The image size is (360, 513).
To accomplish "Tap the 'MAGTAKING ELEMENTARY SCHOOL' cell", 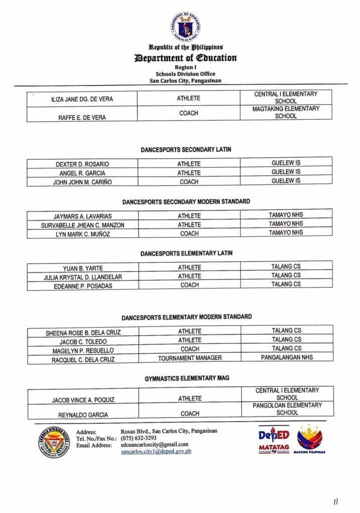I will click(286, 112).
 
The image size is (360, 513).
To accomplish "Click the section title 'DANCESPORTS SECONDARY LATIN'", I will click(186, 150).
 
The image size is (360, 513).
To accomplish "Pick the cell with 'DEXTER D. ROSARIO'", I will click(82, 164).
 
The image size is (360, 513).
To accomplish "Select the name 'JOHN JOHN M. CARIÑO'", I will click(83, 182).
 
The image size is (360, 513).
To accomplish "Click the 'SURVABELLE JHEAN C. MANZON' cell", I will click(83, 225).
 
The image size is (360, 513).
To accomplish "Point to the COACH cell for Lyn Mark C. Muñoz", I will click(189, 233).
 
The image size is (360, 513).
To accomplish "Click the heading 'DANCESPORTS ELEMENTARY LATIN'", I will click(186, 253).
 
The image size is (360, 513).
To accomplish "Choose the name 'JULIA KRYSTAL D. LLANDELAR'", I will click(83, 277).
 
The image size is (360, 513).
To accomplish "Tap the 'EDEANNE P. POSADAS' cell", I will click(83, 286).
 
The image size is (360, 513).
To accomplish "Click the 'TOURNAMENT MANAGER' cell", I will click(190, 358).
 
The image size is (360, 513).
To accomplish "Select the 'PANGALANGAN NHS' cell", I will click(286, 358).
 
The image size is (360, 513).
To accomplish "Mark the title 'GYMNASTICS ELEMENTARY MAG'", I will click(187, 378).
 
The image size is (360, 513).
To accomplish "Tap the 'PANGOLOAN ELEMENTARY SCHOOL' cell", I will click(286, 409).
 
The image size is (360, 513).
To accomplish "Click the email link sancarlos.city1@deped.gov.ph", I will click(156, 451).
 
